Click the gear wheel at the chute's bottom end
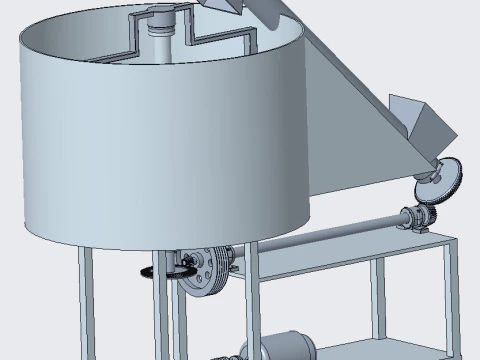(440, 181)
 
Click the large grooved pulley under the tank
(206, 271)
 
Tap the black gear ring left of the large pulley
(150, 273)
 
